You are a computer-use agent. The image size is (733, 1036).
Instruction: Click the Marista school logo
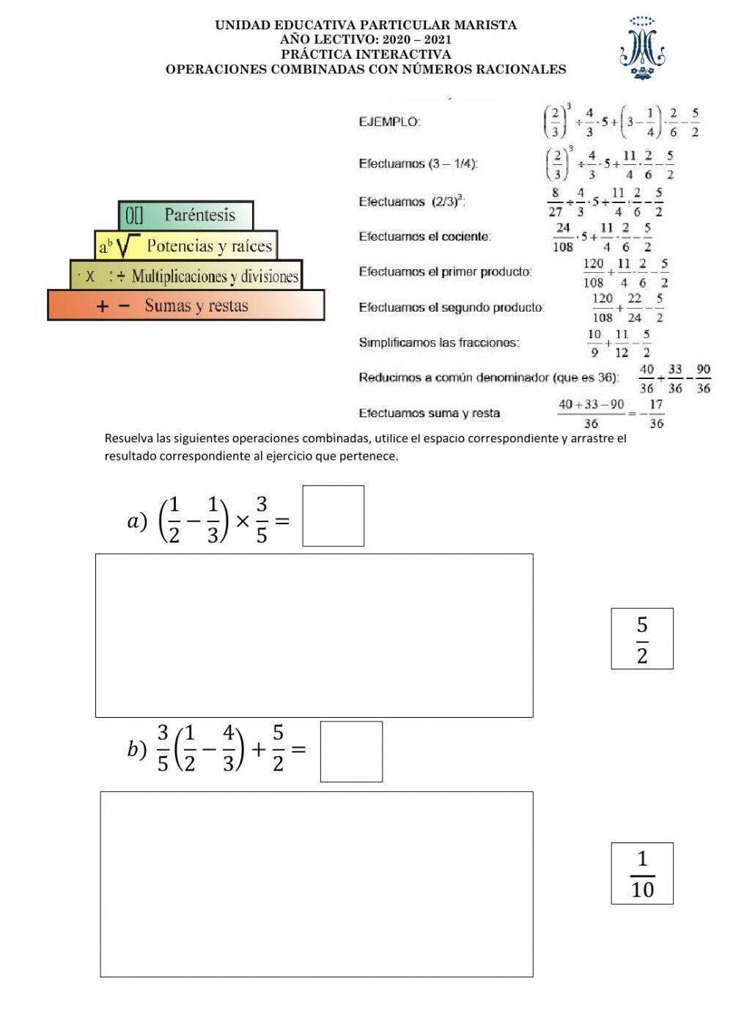click(642, 48)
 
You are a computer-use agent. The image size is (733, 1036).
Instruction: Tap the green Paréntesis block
click(186, 215)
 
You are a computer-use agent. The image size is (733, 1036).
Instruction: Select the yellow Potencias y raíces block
click(186, 246)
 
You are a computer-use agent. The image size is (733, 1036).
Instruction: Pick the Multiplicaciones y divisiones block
click(186, 276)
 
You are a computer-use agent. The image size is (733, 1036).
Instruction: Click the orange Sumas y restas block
click(186, 305)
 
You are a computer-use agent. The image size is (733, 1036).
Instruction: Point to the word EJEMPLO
click(389, 122)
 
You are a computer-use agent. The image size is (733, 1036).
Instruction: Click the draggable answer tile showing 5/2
click(642, 639)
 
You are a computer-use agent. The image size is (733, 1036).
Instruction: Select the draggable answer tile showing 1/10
click(642, 873)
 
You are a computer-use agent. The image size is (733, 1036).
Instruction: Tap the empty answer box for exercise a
click(334, 516)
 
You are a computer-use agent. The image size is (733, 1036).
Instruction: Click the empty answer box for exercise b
click(351, 752)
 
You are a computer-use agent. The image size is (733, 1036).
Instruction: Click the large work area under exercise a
click(314, 636)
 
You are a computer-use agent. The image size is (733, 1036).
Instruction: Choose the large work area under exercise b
click(317, 884)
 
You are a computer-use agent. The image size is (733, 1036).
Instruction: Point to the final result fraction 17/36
click(656, 414)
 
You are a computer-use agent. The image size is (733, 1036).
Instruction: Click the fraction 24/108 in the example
click(563, 237)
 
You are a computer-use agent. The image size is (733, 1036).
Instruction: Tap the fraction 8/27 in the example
click(556, 202)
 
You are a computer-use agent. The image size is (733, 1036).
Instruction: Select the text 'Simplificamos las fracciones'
click(438, 342)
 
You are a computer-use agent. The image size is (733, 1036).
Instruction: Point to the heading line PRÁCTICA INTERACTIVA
click(366, 54)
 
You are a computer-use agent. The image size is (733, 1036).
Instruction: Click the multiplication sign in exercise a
click(242, 521)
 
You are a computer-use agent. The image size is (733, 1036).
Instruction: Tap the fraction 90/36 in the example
click(703, 378)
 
